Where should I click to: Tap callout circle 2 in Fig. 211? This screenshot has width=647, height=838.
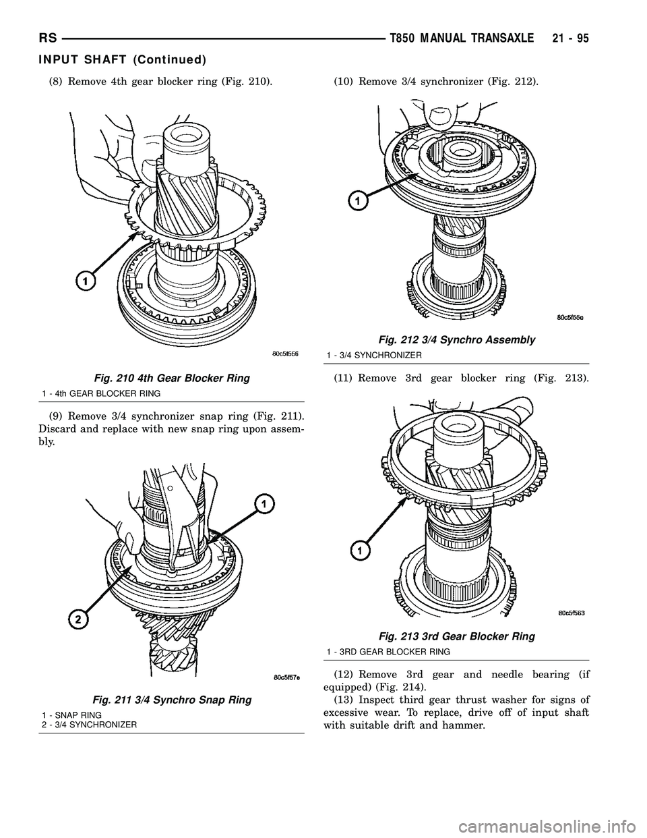(78, 619)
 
